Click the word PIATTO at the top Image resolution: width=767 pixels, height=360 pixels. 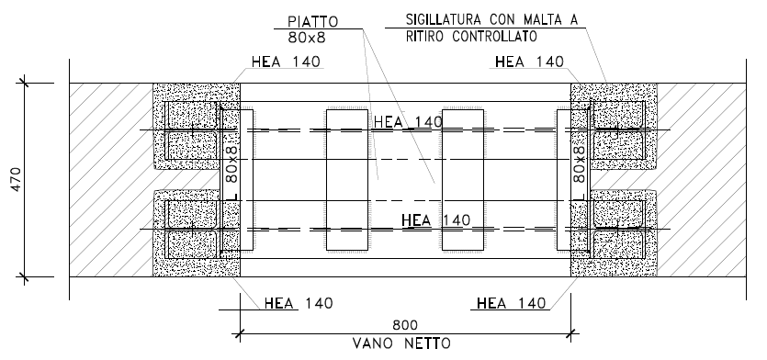click(312, 22)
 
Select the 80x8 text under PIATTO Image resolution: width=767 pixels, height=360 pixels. click(307, 38)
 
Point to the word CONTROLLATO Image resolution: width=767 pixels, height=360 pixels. click(494, 37)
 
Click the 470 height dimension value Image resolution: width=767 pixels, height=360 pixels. click(16, 179)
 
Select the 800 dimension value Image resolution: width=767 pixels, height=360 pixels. click(405, 325)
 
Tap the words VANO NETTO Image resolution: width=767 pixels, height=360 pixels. click(401, 343)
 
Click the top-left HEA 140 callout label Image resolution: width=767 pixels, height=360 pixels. click(286, 62)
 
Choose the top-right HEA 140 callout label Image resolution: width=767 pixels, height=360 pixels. click(529, 62)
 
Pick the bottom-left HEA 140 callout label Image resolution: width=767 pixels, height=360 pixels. click(299, 304)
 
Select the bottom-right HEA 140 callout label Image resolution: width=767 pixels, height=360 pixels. click(511, 304)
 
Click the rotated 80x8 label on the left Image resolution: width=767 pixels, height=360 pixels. click(232, 163)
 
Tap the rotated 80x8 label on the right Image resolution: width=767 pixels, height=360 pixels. click(580, 163)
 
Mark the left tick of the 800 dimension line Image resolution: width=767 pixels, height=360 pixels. click(240, 334)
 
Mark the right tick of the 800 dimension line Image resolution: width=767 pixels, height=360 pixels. click(570, 334)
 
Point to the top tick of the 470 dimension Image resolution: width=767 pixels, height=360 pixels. click(25, 84)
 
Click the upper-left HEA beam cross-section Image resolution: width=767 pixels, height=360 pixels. click(192, 130)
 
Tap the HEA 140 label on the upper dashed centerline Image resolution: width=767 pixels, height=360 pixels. click(408, 122)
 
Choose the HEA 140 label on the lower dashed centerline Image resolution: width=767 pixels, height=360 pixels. click(435, 220)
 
